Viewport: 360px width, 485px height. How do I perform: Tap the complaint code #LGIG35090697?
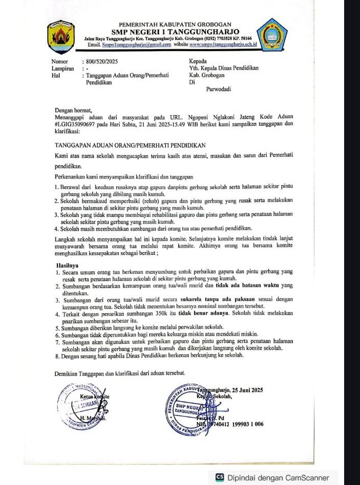(79, 124)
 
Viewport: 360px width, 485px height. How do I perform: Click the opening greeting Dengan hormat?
(74, 110)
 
